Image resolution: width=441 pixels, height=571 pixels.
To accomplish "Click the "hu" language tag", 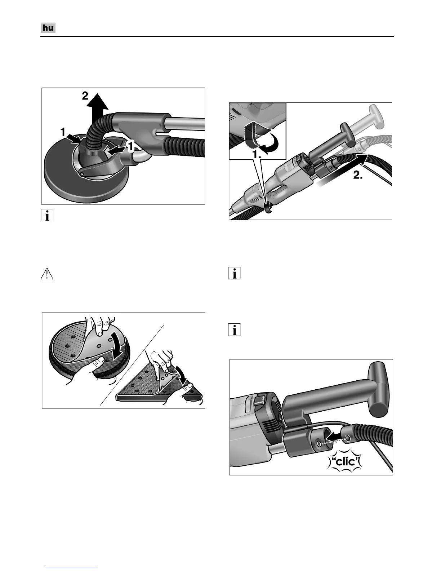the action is pyautogui.click(x=48, y=28).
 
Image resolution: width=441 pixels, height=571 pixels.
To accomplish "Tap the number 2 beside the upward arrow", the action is pyautogui.click(x=85, y=96).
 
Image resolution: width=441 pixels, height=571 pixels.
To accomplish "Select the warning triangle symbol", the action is pyautogui.click(x=47, y=274).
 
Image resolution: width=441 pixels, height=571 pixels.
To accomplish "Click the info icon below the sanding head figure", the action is pyautogui.click(x=47, y=215).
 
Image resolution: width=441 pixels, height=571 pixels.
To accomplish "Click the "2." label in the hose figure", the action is pyautogui.click(x=358, y=175).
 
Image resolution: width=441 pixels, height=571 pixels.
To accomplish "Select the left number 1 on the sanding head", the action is pyautogui.click(x=63, y=132).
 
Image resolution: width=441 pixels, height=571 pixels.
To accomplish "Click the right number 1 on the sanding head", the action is pyautogui.click(x=130, y=147).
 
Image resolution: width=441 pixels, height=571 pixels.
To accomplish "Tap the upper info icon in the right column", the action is pyautogui.click(x=234, y=273).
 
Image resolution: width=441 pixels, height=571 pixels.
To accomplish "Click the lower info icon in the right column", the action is pyautogui.click(x=234, y=330).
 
